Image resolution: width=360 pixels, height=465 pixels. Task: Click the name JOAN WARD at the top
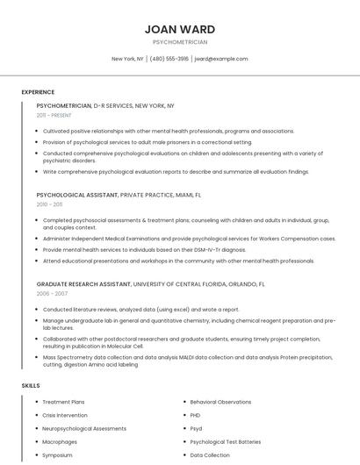[180, 29]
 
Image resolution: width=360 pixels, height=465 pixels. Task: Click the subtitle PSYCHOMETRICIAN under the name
[180, 42]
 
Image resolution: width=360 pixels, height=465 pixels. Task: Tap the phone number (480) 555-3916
[169, 59]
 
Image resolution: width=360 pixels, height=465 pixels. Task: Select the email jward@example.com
[221, 59]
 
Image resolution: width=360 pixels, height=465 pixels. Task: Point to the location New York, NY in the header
[128, 59]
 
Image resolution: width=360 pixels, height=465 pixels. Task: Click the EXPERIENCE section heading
[38, 92]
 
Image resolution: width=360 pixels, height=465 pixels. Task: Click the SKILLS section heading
[31, 385]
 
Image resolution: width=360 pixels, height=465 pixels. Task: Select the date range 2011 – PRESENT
[54, 115]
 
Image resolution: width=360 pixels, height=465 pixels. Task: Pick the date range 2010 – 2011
[50, 204]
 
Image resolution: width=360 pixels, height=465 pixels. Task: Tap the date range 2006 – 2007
[51, 294]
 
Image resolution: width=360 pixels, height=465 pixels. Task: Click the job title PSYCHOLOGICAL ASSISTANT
[76, 195]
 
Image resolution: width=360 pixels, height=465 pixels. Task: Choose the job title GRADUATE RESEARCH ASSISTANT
[83, 284]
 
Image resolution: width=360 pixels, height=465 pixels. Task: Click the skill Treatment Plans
[63, 402]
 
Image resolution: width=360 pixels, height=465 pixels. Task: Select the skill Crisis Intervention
[65, 415]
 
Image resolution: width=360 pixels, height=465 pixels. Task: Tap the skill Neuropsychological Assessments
[84, 428]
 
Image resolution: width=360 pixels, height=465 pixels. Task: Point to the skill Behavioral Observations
[220, 402]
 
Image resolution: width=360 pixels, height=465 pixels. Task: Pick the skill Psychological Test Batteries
[225, 442]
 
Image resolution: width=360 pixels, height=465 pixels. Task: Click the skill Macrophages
[60, 442]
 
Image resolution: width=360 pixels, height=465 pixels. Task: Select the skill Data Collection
[210, 455]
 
